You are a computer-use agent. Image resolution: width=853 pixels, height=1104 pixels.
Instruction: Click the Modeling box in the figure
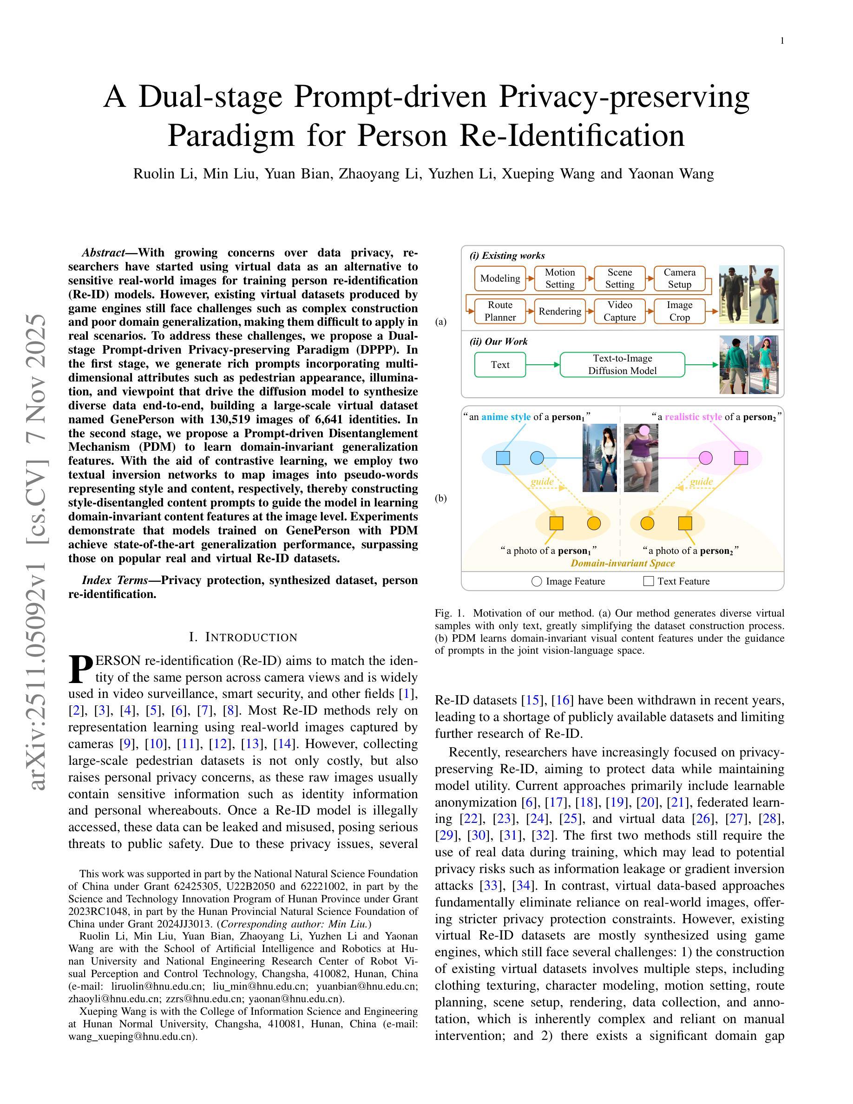click(x=500, y=278)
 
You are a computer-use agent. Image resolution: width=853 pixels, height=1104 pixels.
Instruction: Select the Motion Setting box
click(x=559, y=278)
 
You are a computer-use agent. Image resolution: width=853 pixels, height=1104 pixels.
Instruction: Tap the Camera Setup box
click(x=679, y=278)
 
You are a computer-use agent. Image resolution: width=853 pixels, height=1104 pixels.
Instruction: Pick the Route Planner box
click(x=500, y=311)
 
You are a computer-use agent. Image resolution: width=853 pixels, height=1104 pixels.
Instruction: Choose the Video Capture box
click(x=619, y=311)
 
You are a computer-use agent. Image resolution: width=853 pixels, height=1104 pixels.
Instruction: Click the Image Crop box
click(x=679, y=311)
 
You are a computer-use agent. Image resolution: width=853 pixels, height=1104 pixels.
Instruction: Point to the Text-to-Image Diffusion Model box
click(x=622, y=364)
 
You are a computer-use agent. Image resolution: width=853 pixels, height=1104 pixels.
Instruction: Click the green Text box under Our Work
click(x=500, y=364)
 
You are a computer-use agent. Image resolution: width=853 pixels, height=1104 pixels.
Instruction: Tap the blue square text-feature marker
click(x=503, y=458)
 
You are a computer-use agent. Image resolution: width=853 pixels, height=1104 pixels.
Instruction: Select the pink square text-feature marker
click(x=741, y=458)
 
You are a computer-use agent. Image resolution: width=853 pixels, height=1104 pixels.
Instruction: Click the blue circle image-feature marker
click(x=537, y=458)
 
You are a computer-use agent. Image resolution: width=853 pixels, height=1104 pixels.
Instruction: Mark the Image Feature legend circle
click(x=537, y=581)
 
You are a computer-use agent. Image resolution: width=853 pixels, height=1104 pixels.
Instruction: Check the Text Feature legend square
click(x=648, y=581)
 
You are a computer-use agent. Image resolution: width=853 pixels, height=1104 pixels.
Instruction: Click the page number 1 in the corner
click(x=782, y=41)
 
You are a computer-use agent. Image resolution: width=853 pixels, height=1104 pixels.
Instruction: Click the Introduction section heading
click(x=243, y=637)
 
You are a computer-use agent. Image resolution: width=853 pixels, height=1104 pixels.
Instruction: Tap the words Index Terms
click(x=115, y=580)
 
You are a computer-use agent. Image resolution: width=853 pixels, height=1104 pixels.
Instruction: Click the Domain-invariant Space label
click(x=623, y=563)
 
